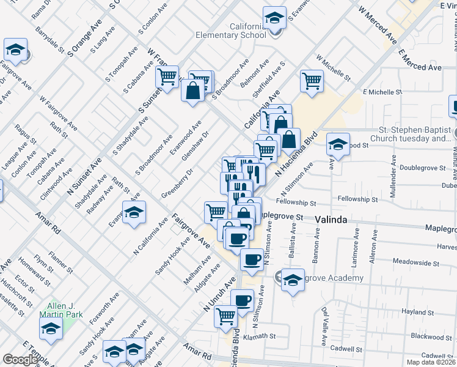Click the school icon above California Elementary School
275,18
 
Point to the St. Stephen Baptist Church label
415,134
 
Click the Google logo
20,360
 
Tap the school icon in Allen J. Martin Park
51,328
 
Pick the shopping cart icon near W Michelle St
312,81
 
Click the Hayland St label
418,312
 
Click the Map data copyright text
431,362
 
